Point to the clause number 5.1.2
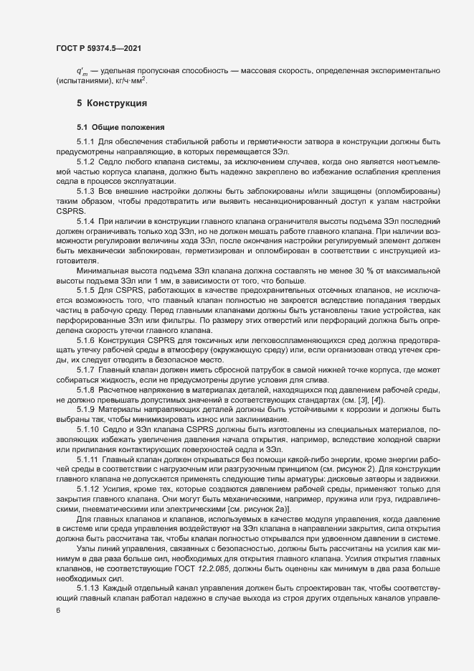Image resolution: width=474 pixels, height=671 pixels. tap(85, 163)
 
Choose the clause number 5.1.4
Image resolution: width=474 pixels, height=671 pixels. tap(85, 222)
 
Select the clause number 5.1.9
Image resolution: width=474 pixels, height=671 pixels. tap(85, 406)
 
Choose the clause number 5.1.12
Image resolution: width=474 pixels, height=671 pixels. tap(87, 489)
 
